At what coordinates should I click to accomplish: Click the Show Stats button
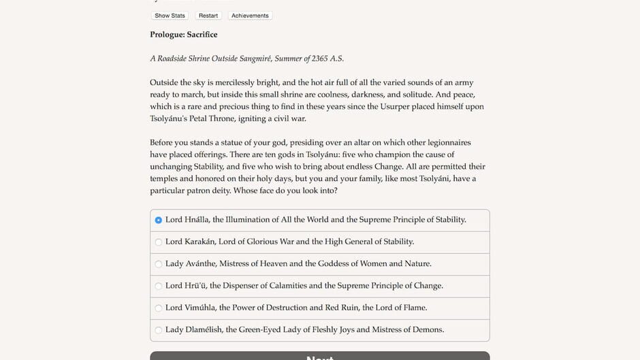pos(170,16)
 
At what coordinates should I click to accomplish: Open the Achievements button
pos(250,16)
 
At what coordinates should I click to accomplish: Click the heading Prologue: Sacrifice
pos(184,35)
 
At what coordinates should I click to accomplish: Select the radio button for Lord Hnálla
pos(159,220)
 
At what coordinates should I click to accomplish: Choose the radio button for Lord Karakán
pos(159,242)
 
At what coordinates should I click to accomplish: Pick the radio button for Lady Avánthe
pos(159,264)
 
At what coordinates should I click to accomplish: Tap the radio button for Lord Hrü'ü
pos(159,286)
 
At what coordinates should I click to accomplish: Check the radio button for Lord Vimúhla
pos(159,308)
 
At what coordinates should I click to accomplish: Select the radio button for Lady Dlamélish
pos(159,330)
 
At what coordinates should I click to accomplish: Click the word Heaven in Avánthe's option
pos(272,263)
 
